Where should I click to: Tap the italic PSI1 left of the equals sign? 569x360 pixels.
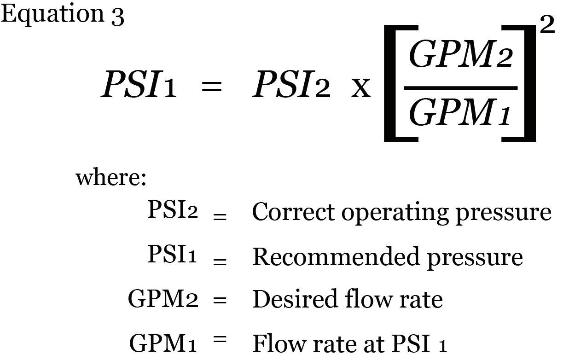coord(139,84)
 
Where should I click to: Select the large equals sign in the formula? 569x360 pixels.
coord(211,86)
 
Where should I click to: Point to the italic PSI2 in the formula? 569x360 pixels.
coord(291,84)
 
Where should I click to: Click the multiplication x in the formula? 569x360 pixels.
coord(361,88)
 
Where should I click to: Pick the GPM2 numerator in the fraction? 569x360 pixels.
coord(461,54)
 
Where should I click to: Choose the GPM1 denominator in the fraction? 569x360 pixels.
coord(459,111)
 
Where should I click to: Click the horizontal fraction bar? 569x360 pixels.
coord(461,88)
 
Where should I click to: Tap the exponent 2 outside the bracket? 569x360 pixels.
coord(547,24)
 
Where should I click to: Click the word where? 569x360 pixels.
coord(111,177)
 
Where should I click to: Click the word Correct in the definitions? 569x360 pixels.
coord(293,212)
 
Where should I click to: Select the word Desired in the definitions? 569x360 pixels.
coord(295,299)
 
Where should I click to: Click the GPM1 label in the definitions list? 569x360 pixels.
coord(163,343)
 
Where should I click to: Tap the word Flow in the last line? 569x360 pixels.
coord(279,343)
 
